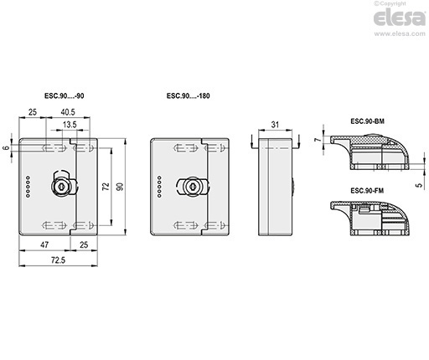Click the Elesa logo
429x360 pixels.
click(400, 18)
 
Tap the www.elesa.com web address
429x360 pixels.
click(400, 33)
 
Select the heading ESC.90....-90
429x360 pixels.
click(65, 95)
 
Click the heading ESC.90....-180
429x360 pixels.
click(189, 95)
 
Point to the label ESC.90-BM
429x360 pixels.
click(367, 121)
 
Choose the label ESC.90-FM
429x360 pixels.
click(367, 191)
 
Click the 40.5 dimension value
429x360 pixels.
click(68, 112)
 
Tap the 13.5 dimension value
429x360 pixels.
click(70, 125)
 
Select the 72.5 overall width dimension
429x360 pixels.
click(58, 260)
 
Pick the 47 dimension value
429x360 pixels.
click(44, 244)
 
